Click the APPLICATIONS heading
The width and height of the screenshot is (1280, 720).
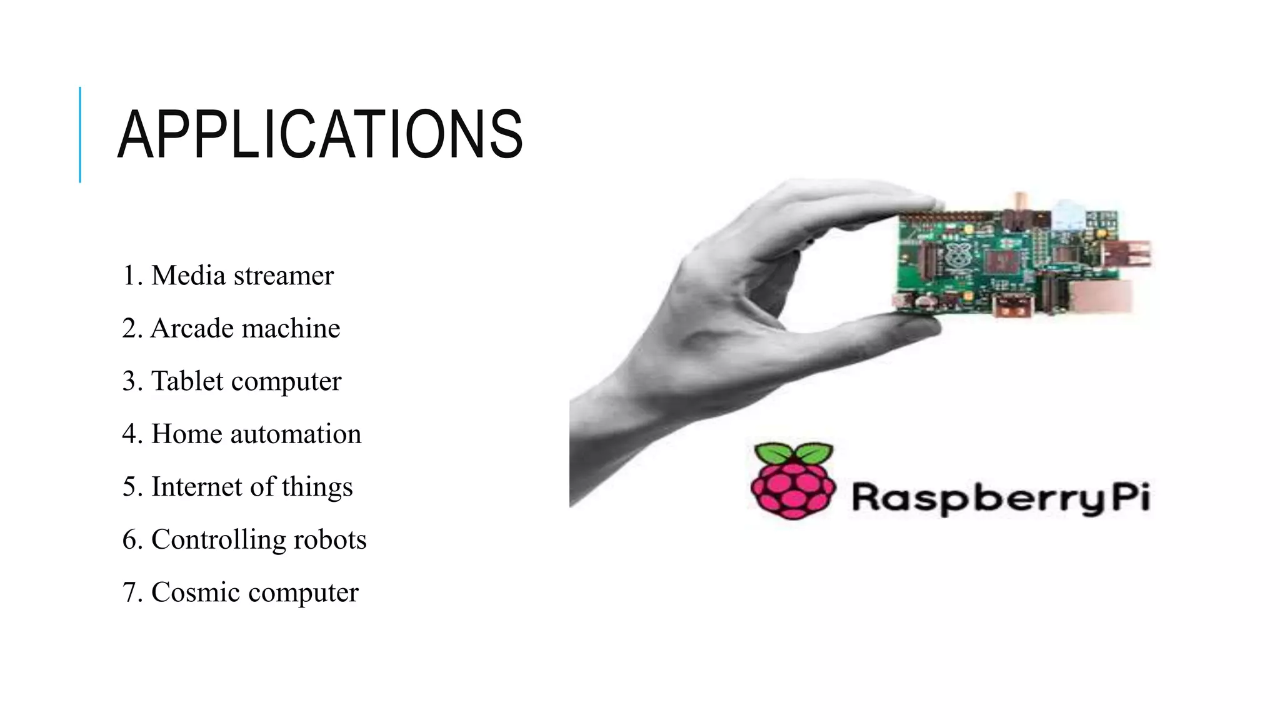click(x=320, y=134)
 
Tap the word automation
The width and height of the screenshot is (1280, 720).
click(x=296, y=434)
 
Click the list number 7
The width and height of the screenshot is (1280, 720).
click(x=130, y=592)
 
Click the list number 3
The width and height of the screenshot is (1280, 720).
click(x=130, y=381)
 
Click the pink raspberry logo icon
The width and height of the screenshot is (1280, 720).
click(x=792, y=481)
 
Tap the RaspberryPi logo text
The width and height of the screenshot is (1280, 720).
click(x=1001, y=498)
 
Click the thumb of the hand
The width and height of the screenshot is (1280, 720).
click(x=875, y=328)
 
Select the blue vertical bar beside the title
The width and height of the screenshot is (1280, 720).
click(x=80, y=134)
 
